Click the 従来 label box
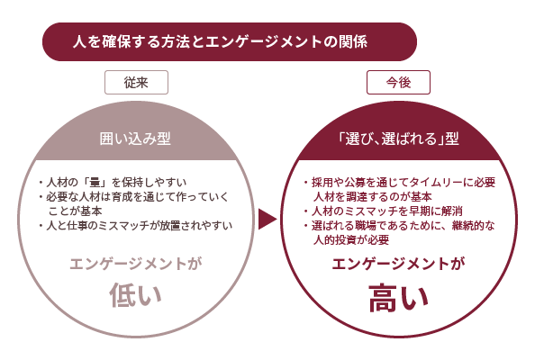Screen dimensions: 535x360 pyautogui.click(x=136, y=82)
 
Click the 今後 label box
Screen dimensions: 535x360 pyautogui.click(x=398, y=82)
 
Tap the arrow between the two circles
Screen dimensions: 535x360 pyautogui.click(x=267, y=220)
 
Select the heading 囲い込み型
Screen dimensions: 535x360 pyautogui.click(x=135, y=139)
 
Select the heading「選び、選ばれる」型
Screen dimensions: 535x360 pyautogui.click(x=398, y=139)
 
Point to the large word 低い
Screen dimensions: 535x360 pyautogui.click(x=135, y=295)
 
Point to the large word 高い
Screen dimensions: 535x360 pyautogui.click(x=398, y=297)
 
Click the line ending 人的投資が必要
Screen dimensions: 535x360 pyautogui.click(x=351, y=239)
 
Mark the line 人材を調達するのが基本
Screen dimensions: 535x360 pyautogui.click(x=373, y=197)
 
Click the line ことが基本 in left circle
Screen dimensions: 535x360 pyautogui.click(x=75, y=211)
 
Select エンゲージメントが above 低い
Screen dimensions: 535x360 pyautogui.click(x=136, y=264)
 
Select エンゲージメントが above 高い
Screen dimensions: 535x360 pyautogui.click(x=398, y=264)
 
